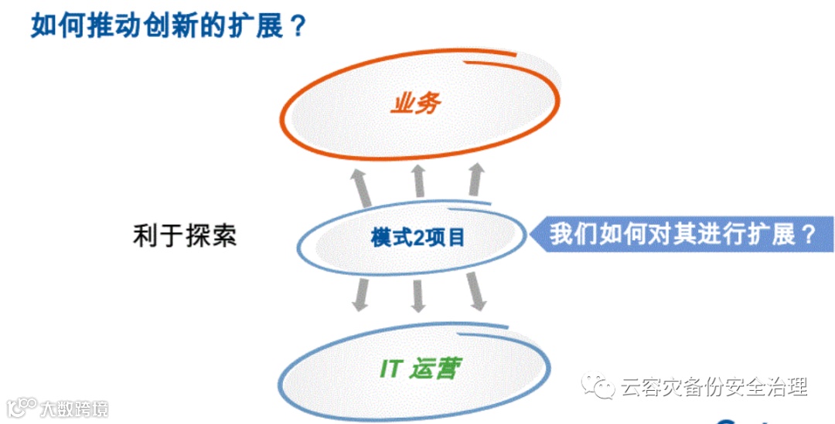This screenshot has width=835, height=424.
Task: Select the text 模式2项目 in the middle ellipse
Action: coord(417,237)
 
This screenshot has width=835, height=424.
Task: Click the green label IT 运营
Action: coord(417,369)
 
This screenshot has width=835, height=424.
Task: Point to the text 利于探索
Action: coord(184,236)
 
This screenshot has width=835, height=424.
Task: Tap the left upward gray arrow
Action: coord(360,186)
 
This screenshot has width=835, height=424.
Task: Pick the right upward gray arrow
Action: coord(475,180)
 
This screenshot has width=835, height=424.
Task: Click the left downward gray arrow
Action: coord(360,294)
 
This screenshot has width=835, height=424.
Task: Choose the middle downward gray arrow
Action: coord(418,295)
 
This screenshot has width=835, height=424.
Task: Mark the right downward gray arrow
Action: coord(475,293)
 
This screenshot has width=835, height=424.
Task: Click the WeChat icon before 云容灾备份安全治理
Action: coord(598,386)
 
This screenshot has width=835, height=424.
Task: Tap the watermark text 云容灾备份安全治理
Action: coord(713,387)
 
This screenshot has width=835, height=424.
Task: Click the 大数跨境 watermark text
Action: coord(74,408)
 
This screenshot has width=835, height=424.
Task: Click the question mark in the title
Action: coord(298,25)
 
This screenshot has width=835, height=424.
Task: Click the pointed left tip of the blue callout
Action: coord(530,233)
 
